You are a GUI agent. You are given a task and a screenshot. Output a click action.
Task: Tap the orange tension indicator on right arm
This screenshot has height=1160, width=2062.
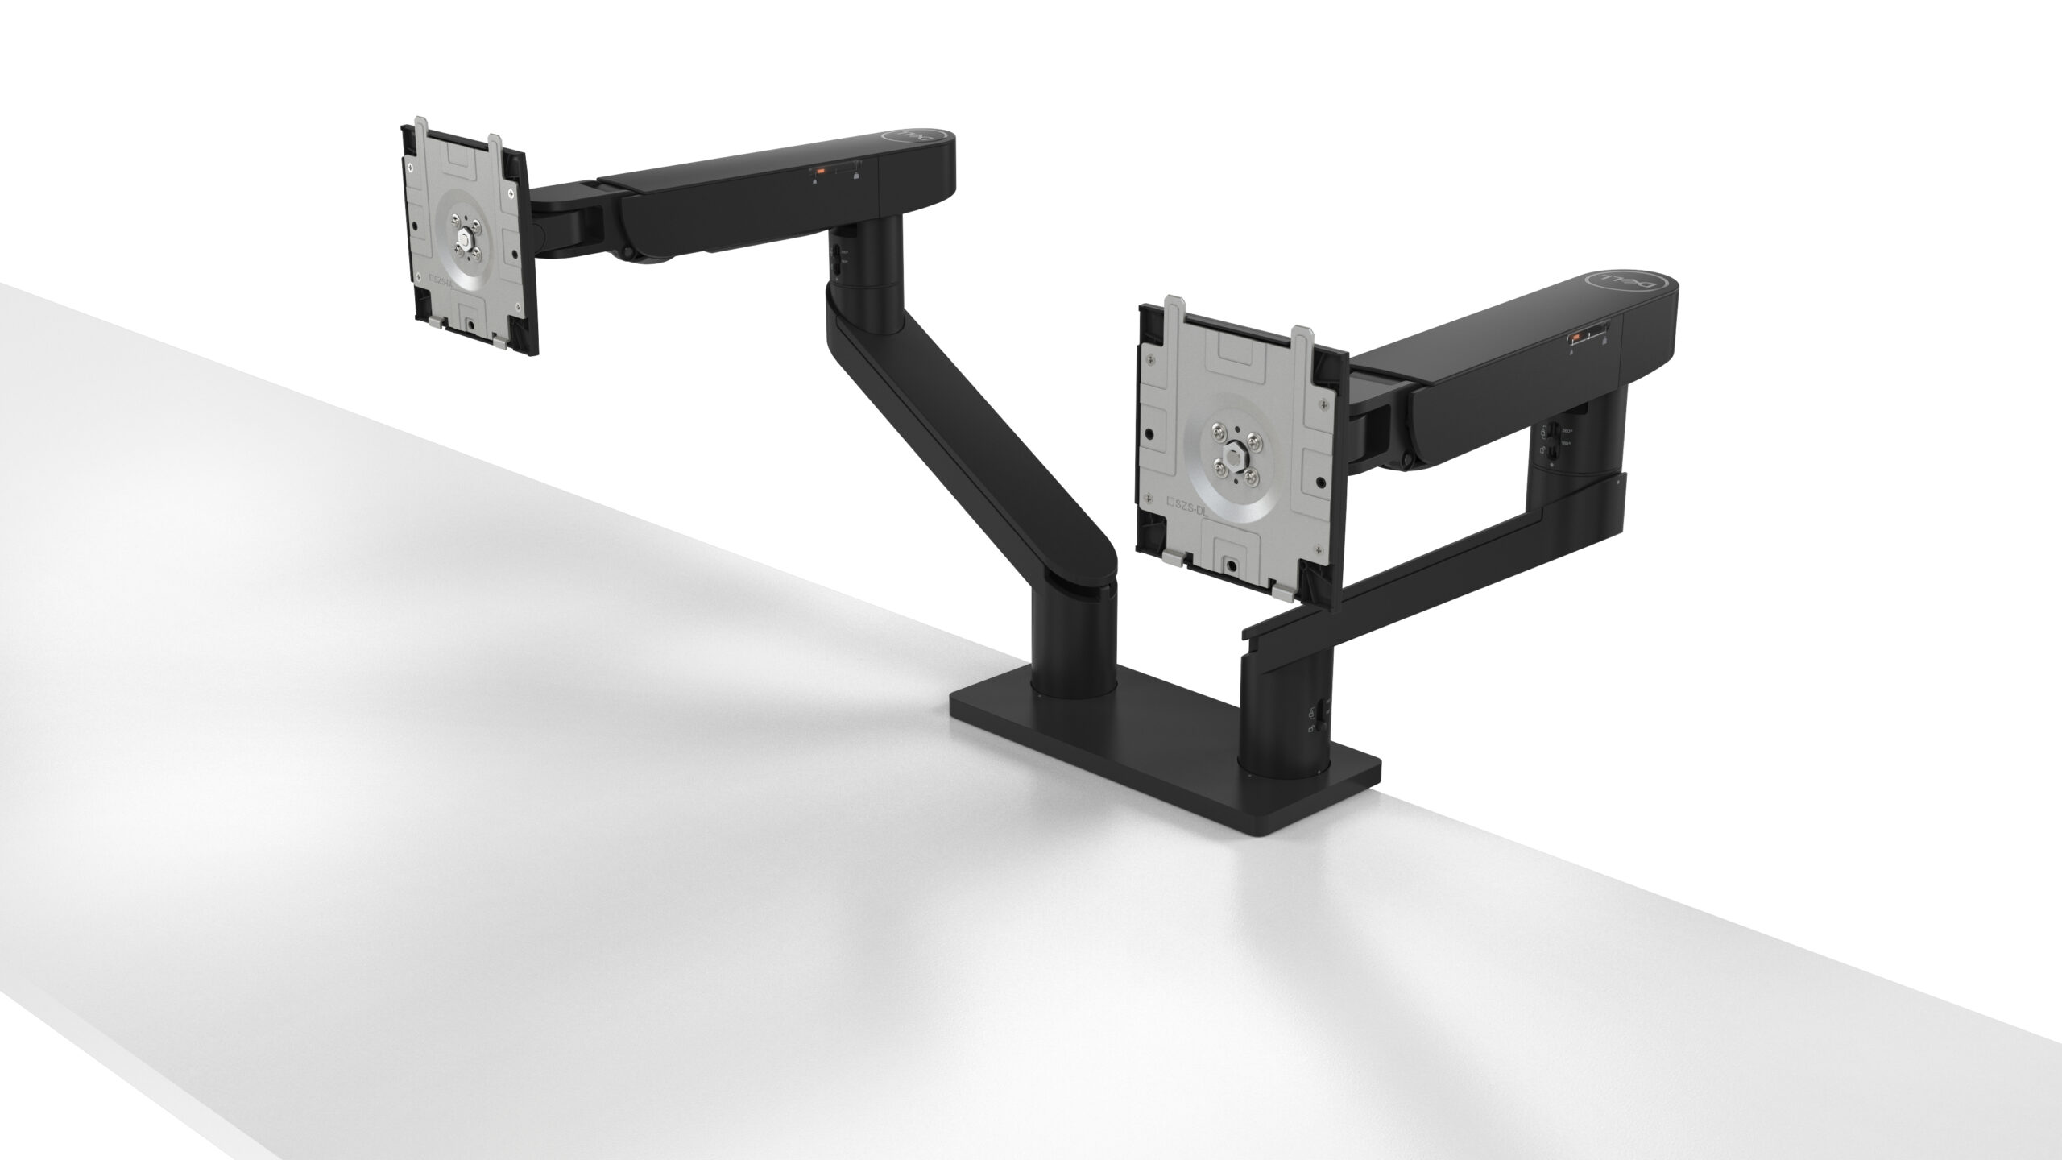tap(1575, 338)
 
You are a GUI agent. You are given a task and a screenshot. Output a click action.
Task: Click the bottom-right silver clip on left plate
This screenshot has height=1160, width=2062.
tap(499, 344)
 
